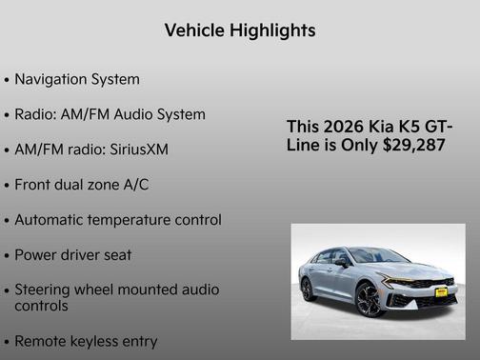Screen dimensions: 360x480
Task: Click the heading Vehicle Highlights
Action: coord(240,31)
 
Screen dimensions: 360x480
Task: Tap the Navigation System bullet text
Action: coord(77,79)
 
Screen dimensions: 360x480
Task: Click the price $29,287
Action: coord(412,145)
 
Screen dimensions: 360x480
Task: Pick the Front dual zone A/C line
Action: coord(81,185)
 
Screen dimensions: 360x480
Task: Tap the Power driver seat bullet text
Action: coord(73,255)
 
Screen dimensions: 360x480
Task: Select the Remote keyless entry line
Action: coord(86,340)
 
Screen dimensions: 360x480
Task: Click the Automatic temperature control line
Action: coord(118,220)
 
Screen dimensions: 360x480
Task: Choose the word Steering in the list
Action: coord(43,290)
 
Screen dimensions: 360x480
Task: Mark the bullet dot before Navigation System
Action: coord(7,80)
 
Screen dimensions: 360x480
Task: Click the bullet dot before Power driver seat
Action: coord(7,256)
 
